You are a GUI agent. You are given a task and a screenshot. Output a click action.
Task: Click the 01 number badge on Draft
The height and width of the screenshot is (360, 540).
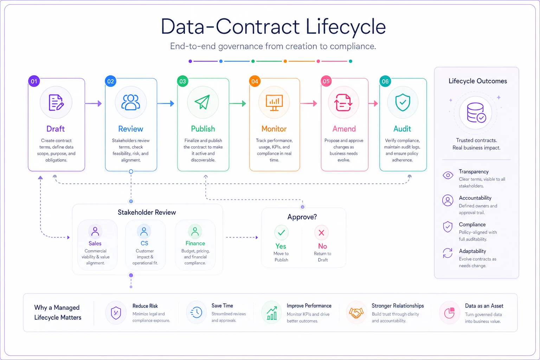point(34,81)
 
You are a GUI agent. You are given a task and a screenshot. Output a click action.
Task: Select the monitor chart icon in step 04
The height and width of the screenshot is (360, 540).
point(274,103)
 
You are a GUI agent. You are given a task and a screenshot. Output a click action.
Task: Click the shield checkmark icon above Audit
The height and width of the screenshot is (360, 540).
point(403,102)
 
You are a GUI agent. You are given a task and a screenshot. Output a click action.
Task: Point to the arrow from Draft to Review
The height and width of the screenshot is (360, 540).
point(93,103)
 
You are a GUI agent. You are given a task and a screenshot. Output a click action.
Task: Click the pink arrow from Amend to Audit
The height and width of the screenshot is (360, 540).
point(373,103)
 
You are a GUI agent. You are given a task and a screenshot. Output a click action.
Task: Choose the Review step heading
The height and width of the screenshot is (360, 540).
point(131,129)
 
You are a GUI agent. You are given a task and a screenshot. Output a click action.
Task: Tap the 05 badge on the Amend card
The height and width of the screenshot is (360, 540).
point(326,81)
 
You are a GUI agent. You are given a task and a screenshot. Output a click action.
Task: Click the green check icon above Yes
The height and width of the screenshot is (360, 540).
point(281,233)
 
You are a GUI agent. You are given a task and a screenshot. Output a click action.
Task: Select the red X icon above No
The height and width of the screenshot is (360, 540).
point(321,233)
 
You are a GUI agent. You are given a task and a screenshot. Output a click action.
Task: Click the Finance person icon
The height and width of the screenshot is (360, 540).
point(195,231)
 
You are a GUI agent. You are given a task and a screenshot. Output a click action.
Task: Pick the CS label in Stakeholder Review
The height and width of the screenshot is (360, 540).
point(144,243)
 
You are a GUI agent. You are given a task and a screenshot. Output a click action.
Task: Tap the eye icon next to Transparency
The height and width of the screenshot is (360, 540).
point(448,175)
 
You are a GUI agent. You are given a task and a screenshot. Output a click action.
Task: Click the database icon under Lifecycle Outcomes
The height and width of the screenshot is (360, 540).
point(476,113)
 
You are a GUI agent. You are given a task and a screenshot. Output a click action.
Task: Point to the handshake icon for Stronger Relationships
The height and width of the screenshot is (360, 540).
point(356,313)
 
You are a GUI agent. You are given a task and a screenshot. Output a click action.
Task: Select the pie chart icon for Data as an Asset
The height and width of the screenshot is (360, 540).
point(449,313)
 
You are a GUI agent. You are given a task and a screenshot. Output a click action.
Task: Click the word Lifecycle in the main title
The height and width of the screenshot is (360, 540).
point(346,27)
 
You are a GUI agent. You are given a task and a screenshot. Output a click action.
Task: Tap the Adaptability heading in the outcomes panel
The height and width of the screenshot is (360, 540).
point(472,251)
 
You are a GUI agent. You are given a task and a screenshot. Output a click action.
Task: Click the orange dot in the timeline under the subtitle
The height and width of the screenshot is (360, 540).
point(285,61)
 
